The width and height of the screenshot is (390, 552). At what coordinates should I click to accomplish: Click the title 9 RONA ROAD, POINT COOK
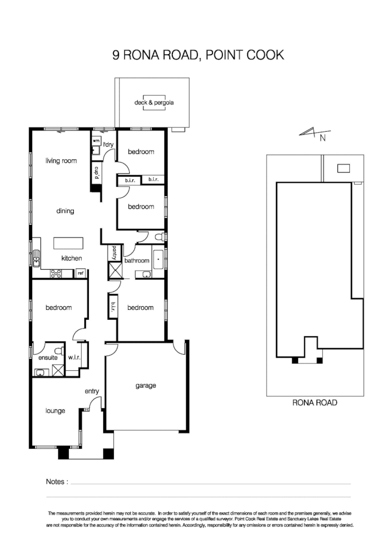coord(198,55)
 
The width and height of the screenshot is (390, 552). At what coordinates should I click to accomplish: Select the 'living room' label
coord(60,161)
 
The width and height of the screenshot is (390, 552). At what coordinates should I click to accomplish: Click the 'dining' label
coord(66,211)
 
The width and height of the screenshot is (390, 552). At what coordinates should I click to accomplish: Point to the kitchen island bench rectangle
coord(68,244)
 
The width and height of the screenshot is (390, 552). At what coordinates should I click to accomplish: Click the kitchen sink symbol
coord(37,258)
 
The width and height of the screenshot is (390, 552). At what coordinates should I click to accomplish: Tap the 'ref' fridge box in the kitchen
coord(81,273)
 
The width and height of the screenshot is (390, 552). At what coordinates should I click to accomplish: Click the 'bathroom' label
coord(136,260)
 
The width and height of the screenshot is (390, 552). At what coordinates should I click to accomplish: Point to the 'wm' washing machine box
coord(96,141)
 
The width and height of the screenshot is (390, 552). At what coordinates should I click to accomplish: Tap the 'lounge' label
coord(55,411)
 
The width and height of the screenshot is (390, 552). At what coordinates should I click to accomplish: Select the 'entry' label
coord(92,392)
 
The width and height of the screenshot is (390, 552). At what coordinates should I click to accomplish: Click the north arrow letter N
coord(322,138)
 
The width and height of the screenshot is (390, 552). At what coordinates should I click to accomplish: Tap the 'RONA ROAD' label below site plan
coord(314,402)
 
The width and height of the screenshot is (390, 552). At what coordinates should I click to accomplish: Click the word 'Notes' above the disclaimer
coord(57,482)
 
